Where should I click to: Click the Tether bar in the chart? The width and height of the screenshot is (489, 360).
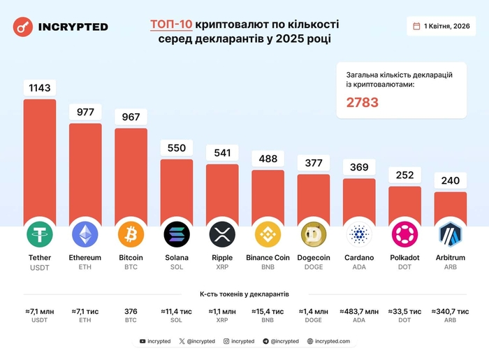point(40,161)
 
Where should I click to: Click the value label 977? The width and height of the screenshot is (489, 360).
point(85,113)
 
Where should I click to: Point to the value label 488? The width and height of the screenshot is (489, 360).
point(268,159)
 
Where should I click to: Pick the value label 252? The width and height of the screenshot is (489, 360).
point(405,175)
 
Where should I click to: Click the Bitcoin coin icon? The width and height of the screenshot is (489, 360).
point(131,234)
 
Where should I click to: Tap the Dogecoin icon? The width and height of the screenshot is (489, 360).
point(314,234)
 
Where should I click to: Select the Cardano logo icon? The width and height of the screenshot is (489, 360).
point(359,234)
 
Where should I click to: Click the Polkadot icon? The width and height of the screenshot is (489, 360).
point(405,234)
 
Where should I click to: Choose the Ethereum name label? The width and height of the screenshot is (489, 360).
point(85,258)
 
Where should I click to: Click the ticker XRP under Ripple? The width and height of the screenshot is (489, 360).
point(222,268)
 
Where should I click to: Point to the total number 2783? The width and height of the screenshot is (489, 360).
point(363,102)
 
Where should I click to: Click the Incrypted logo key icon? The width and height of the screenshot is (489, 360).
point(23,27)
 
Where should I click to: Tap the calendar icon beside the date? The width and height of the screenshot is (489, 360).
point(417,26)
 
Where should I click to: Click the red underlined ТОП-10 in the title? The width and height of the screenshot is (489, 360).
point(171,24)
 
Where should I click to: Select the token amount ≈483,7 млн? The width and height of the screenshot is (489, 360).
point(359,311)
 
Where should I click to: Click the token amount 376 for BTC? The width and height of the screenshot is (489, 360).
point(131,311)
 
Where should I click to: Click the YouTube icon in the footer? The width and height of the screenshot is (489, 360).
point(143,342)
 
